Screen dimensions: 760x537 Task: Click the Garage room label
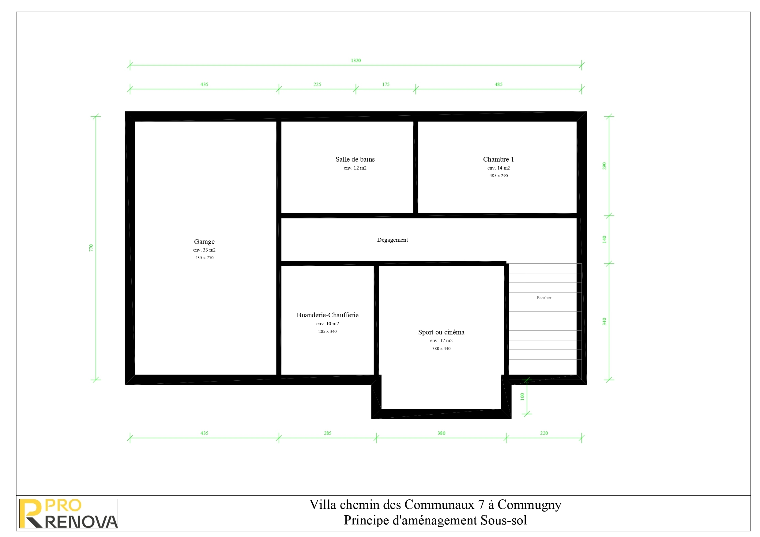pyautogui.click(x=204, y=241)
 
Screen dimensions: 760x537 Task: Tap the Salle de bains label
pyautogui.click(x=355, y=159)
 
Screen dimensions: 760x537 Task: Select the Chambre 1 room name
pyautogui.click(x=499, y=159)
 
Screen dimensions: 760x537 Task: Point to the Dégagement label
pyautogui.click(x=393, y=240)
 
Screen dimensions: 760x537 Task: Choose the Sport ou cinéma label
pyautogui.click(x=441, y=332)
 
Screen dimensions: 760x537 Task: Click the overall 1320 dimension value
pyautogui.click(x=356, y=61)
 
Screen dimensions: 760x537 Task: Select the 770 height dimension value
pyautogui.click(x=91, y=248)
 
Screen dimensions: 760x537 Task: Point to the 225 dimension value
pyautogui.click(x=318, y=84)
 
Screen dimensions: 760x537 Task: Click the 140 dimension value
pyautogui.click(x=604, y=239)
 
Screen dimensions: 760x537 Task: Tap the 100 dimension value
pyautogui.click(x=522, y=397)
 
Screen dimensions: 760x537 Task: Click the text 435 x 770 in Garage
pyautogui.click(x=204, y=258)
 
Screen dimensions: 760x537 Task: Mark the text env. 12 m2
pyautogui.click(x=355, y=168)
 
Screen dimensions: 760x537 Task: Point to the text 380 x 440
pyautogui.click(x=441, y=349)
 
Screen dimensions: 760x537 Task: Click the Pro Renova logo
pyautogui.click(x=69, y=513)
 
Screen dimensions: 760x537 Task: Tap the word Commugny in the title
pyautogui.click(x=529, y=505)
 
